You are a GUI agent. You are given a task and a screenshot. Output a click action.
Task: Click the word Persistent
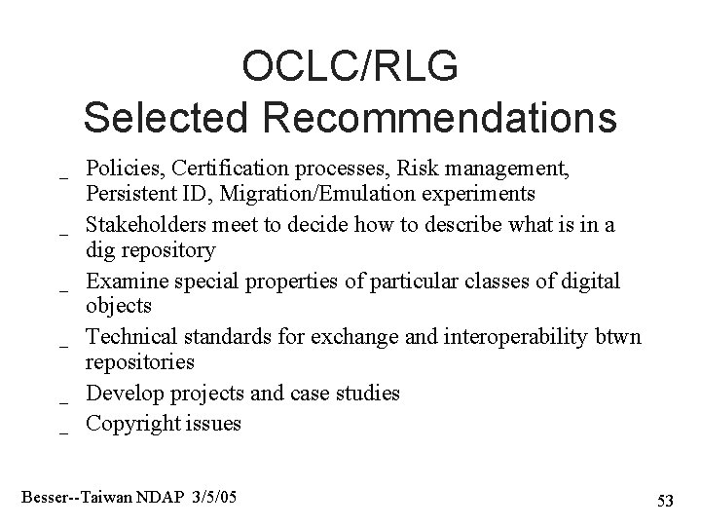(127, 193)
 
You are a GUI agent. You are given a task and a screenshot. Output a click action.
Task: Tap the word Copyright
(128, 424)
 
